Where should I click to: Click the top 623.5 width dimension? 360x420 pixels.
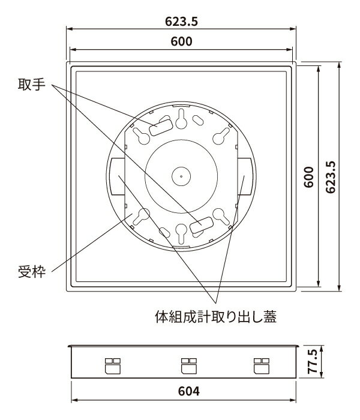181,21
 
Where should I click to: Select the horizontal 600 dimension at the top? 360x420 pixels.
181,41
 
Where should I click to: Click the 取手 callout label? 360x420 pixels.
30,86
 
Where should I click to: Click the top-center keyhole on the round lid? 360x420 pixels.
181,119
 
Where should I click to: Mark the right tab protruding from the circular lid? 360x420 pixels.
245,176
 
